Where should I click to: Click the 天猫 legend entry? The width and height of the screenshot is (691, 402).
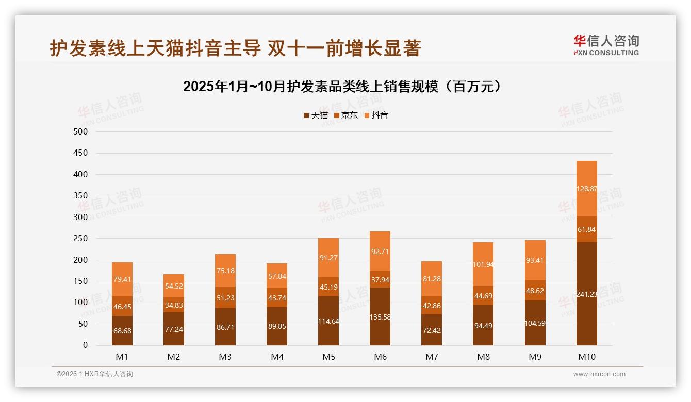point(316,115)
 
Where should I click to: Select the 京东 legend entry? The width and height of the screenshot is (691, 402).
point(346,115)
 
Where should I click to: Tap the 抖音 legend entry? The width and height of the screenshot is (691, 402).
point(376,115)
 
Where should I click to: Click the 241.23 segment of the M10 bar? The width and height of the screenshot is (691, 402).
point(586,294)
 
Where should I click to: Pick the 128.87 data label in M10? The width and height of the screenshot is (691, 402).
point(586,189)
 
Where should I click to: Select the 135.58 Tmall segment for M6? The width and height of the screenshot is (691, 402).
point(380,316)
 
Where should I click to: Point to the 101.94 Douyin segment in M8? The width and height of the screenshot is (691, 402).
point(483,264)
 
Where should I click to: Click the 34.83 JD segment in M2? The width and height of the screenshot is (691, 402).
point(174,305)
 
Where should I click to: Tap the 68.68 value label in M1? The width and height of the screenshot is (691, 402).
point(122,331)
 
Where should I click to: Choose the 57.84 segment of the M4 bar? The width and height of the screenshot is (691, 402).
point(277,276)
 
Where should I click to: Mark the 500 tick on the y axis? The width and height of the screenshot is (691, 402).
point(81,131)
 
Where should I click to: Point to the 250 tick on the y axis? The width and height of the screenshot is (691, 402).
point(81,239)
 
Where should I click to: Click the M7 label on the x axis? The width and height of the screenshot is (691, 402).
point(432,357)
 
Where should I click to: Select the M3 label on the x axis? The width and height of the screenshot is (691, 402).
point(225,357)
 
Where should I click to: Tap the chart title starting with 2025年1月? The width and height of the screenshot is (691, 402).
point(342,87)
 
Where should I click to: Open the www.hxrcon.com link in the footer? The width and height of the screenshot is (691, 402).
point(599,374)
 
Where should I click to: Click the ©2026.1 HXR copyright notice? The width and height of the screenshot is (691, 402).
point(95,374)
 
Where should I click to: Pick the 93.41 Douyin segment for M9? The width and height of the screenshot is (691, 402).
point(535,260)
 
